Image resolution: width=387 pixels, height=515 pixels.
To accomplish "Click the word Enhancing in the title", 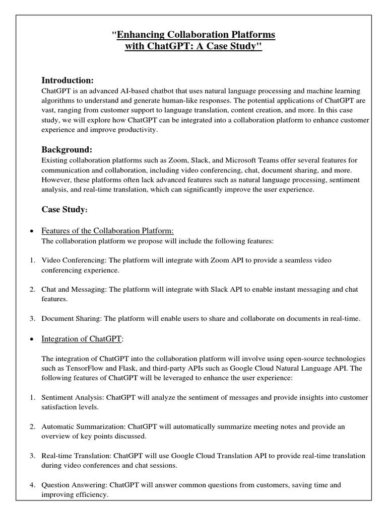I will (141, 35).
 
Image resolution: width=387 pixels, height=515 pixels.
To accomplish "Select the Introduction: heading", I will (67, 80).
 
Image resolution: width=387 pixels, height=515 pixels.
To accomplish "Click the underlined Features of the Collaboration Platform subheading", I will (107, 230).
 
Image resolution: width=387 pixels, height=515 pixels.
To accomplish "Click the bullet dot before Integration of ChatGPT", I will (32, 339).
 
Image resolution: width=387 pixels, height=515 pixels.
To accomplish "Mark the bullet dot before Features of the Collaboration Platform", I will (32, 231).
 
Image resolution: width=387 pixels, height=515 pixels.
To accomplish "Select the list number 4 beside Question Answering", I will (31, 485).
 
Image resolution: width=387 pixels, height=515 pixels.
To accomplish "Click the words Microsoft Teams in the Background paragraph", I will (257, 160).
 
